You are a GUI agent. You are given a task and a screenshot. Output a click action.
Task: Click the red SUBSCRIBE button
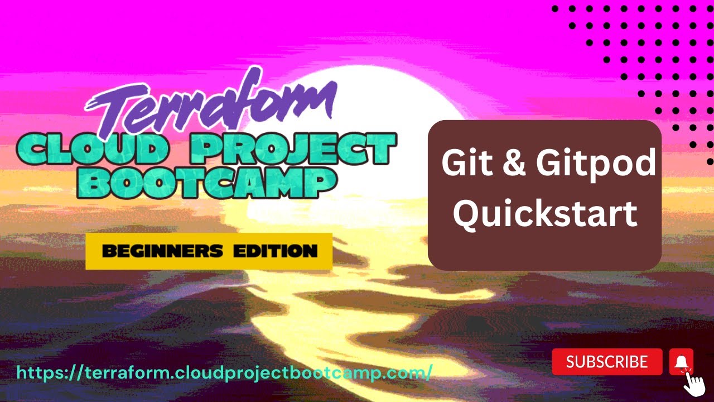click(607, 362)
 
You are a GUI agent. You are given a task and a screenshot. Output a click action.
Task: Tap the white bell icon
click(681, 362)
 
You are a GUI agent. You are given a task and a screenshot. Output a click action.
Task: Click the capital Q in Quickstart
click(466, 214)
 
